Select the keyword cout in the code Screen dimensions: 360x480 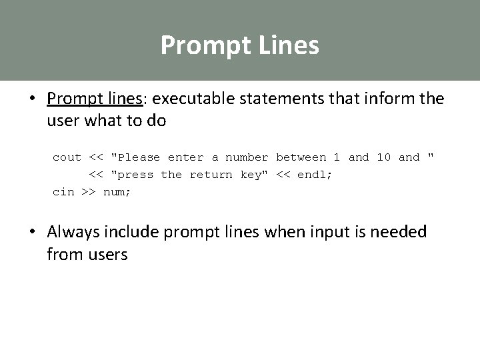point(67,157)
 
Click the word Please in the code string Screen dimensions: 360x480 point(138,157)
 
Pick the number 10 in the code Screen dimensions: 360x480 point(384,157)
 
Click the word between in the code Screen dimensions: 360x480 point(301,157)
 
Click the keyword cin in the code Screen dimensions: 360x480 point(63,192)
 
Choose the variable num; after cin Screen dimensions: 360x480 point(117,192)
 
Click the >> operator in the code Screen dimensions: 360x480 point(89,192)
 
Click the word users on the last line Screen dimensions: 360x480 point(105,254)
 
